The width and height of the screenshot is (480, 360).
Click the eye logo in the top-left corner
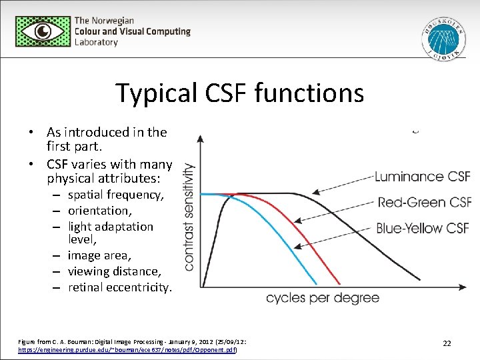[x=43, y=31]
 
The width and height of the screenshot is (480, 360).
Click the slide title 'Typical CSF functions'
[x=240, y=93]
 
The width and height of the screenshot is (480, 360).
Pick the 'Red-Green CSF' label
[x=424, y=202]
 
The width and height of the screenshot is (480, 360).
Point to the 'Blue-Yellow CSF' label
[x=423, y=228]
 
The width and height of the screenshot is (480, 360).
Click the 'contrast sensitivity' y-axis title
[x=189, y=217]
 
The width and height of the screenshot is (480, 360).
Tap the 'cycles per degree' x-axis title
[x=323, y=297]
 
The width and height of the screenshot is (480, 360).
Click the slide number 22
[x=447, y=343]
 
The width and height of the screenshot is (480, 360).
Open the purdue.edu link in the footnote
[x=127, y=349]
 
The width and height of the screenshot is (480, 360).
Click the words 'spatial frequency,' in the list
[x=115, y=195]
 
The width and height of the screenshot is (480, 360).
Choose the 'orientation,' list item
[x=100, y=211]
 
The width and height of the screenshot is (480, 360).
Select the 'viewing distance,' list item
[x=114, y=271]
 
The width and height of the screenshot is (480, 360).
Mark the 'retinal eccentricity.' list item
[x=120, y=287]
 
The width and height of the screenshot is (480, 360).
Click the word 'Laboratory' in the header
[x=96, y=42]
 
